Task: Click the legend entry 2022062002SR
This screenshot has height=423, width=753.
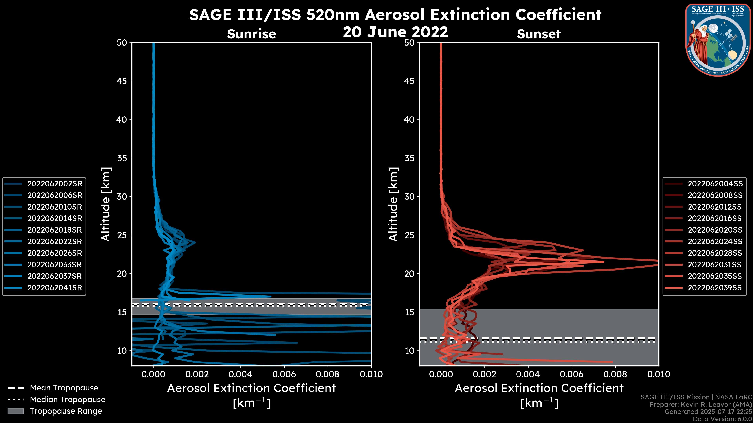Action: point(55,184)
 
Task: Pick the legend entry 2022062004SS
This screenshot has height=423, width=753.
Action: point(715,184)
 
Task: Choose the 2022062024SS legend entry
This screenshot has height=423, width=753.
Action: point(715,241)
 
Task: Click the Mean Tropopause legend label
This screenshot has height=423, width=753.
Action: point(64,388)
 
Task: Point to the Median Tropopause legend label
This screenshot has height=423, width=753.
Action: point(67,399)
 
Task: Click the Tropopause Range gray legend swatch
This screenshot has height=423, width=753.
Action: point(15,411)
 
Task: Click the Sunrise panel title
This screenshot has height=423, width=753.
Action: point(251,34)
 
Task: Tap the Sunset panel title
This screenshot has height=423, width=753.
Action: point(539,34)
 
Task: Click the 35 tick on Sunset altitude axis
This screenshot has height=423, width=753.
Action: point(409,158)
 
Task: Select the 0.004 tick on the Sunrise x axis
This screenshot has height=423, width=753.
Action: point(240,374)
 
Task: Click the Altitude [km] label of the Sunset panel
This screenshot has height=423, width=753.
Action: point(393,204)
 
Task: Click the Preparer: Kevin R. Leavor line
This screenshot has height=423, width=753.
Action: point(700,404)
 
